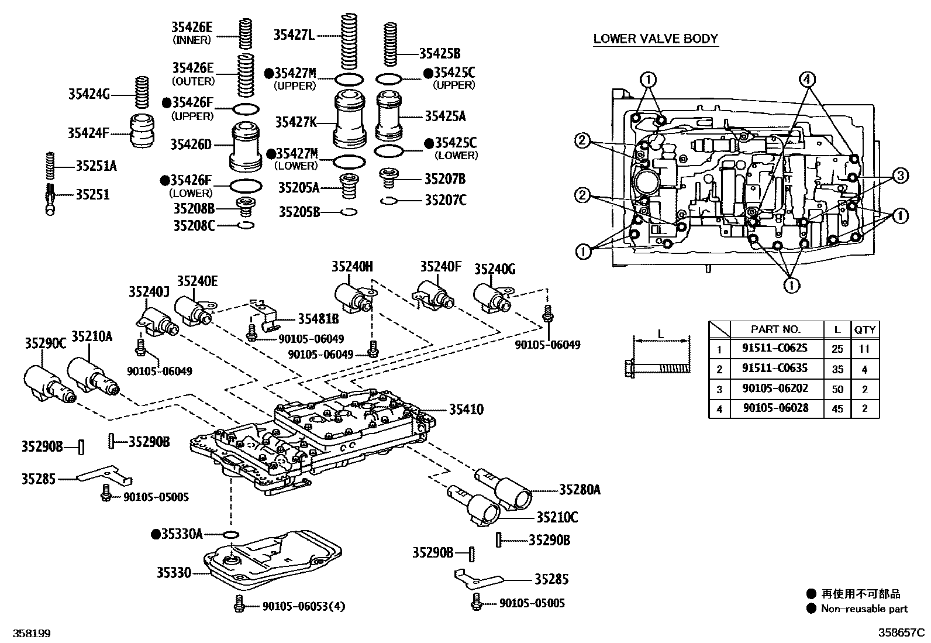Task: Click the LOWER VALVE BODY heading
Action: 655,39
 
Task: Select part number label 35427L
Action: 294,35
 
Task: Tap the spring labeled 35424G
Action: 140,92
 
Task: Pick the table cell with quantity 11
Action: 864,349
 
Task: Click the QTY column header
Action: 864,330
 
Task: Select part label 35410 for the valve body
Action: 466,410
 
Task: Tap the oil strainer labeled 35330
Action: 272,562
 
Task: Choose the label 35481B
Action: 318,319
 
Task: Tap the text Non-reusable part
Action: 864,609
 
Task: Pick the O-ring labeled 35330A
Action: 232,534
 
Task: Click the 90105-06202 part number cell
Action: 775,389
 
